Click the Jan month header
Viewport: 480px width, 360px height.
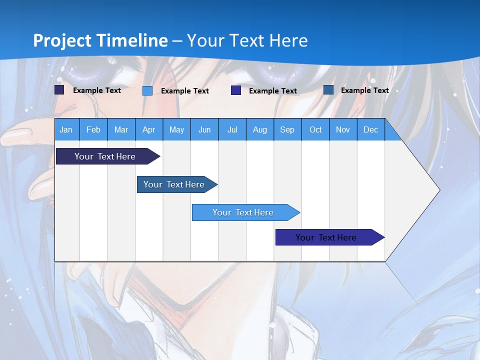click(x=66, y=129)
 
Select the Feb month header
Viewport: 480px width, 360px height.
click(x=93, y=129)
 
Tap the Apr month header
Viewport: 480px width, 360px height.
click(x=148, y=129)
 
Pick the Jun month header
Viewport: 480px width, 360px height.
click(x=204, y=129)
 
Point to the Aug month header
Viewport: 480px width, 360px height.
click(x=259, y=129)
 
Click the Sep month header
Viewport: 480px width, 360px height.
click(x=287, y=129)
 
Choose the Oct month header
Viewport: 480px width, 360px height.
click(x=315, y=129)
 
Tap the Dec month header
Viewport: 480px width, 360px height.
click(x=370, y=129)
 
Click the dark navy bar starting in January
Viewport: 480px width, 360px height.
click(x=105, y=156)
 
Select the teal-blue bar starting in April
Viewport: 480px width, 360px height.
click(x=174, y=184)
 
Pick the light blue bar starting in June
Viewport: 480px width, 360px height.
click(x=243, y=212)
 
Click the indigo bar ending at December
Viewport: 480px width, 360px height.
click(x=326, y=237)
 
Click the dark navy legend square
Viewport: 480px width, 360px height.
click(x=59, y=90)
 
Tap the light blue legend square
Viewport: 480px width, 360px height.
click(x=147, y=90)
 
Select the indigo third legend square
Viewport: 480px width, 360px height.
click(x=236, y=90)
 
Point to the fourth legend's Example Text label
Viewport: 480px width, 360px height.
click(x=364, y=90)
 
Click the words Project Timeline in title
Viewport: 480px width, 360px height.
click(x=100, y=40)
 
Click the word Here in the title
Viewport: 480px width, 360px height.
click(x=288, y=40)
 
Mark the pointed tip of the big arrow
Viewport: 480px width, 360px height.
click(x=439, y=190)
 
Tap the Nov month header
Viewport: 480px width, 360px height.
click(x=342, y=129)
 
